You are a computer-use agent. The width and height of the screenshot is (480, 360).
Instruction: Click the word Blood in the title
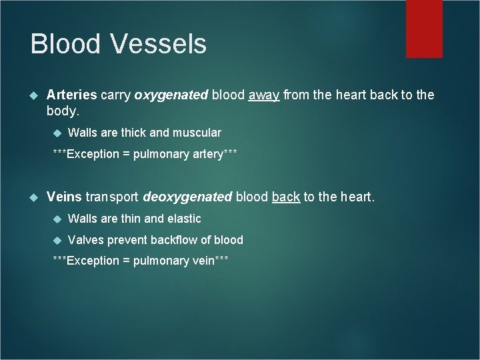(x=65, y=44)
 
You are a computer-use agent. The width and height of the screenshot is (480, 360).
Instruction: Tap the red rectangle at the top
(x=424, y=28)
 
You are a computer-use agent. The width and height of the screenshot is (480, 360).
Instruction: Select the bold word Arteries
(x=72, y=95)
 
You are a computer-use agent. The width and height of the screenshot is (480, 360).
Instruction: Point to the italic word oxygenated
(x=171, y=95)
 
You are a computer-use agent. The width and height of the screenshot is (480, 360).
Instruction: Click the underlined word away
(x=264, y=95)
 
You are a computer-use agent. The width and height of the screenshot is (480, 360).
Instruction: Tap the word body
(x=63, y=111)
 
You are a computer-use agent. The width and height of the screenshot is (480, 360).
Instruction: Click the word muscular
(x=195, y=133)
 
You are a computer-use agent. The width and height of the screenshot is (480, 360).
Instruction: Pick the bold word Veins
(x=64, y=197)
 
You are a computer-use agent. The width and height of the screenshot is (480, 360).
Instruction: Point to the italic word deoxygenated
(x=187, y=197)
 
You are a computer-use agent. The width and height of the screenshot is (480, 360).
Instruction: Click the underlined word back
(x=285, y=197)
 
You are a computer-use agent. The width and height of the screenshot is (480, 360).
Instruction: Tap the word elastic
(x=183, y=218)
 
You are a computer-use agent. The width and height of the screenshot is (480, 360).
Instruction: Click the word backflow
(x=175, y=239)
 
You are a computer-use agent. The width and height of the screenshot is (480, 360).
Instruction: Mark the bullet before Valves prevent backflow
(x=57, y=240)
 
